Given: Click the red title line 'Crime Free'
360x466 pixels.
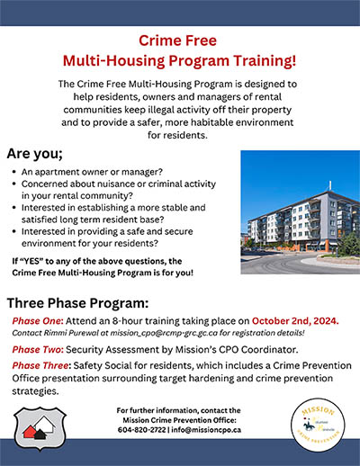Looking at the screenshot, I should click(x=180, y=40).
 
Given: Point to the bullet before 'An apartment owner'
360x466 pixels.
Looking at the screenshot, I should click(x=15, y=171).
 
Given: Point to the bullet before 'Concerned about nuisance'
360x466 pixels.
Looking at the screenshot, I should click(x=15, y=183).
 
